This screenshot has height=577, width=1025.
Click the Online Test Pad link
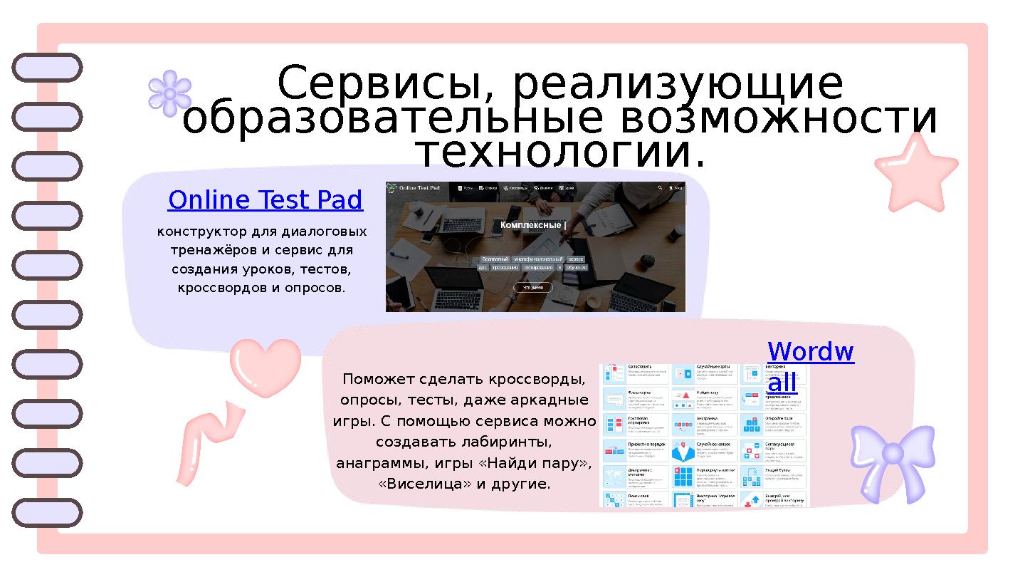point(265,201)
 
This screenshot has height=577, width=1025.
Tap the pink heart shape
point(265,367)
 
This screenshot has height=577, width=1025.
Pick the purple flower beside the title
point(169,93)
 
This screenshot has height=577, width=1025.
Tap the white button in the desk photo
point(532,288)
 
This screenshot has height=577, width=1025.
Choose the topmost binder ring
point(47,68)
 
